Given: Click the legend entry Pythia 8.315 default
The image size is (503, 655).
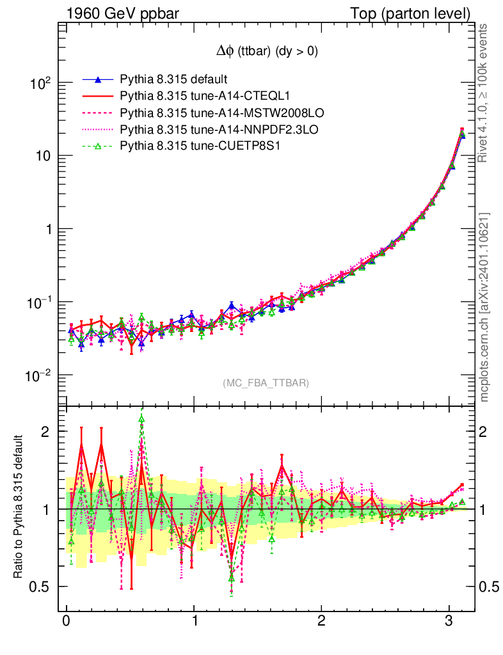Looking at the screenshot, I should (x=173, y=80).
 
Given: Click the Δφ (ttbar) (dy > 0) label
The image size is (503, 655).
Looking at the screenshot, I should (x=267, y=52).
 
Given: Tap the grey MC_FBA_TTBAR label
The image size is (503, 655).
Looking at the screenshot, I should (x=266, y=383).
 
